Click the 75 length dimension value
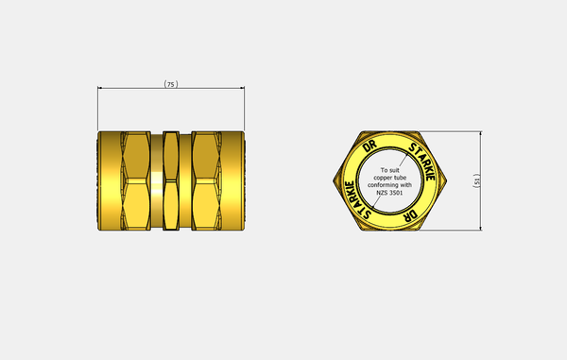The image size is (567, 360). point(171,84)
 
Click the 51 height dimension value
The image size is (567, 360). point(477,180)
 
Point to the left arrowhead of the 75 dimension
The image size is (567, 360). point(100,88)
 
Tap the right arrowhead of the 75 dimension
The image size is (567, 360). point(242,88)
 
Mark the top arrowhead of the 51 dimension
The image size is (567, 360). point(481,134)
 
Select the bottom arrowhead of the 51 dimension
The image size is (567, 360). point(481,228)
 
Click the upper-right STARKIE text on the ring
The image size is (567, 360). point(422,162)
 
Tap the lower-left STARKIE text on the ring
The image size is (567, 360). point(357,200)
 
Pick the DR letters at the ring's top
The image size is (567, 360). point(369,146)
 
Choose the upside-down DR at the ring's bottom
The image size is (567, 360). point(410,215)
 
